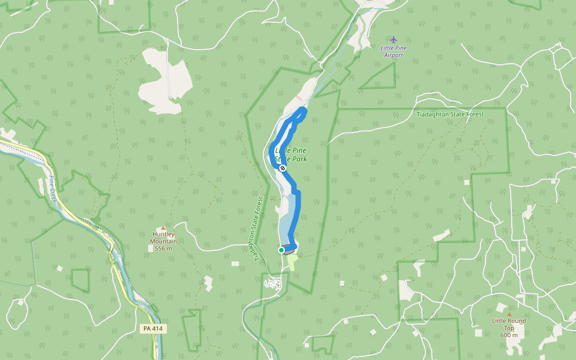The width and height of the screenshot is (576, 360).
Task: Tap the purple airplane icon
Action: [x=394, y=40]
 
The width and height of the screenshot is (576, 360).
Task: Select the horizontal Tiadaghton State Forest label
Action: [x=450, y=114]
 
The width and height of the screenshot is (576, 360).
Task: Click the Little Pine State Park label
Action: [x=291, y=155]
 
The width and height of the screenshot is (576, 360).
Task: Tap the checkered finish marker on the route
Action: [x=282, y=168]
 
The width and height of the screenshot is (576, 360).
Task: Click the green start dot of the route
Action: [x=281, y=250]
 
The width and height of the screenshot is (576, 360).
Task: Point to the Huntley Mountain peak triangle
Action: [x=163, y=228]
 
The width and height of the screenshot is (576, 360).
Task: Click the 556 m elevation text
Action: [x=163, y=248]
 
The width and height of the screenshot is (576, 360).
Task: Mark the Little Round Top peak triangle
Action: [x=509, y=314]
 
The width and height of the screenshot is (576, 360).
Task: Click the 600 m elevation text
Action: [x=509, y=335]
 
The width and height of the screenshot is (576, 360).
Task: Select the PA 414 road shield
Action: [x=153, y=329]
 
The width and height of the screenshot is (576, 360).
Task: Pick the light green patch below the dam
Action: [x=291, y=263]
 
